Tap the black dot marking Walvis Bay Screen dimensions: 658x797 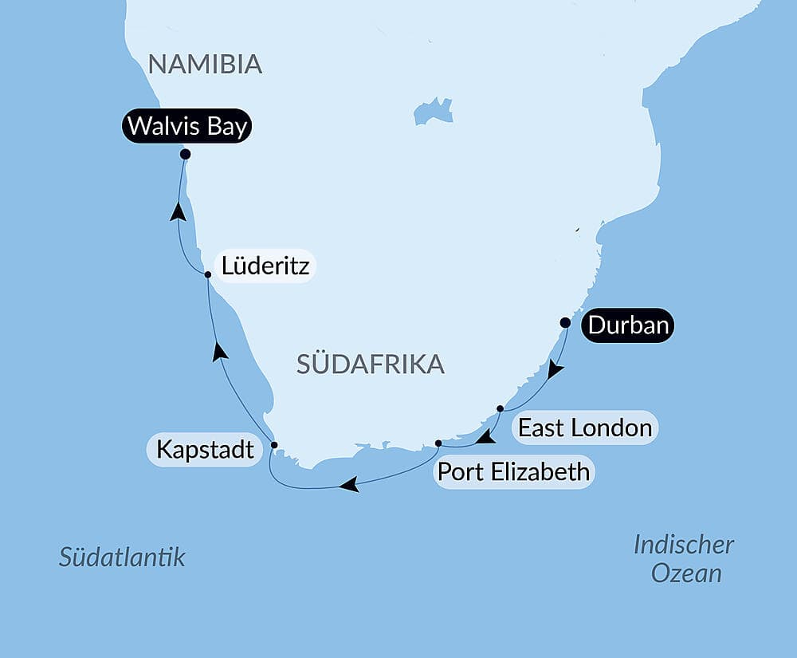point(185,154)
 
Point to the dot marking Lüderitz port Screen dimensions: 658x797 point(208,274)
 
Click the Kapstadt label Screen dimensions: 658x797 point(205,450)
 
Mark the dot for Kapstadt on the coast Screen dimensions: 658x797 point(274,445)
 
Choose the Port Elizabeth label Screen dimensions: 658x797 point(514,472)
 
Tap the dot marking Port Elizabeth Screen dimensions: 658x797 point(438,443)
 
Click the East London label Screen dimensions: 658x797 point(584,428)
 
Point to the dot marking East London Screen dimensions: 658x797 point(500,408)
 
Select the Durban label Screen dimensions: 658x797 point(627,325)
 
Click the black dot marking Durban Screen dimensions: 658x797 point(565,323)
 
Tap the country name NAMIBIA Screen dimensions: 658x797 point(205,65)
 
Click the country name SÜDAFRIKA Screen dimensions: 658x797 point(370,364)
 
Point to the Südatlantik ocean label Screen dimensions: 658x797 point(122,557)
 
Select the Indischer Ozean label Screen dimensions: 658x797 point(684,559)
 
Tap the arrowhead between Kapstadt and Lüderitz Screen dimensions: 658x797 point(221,351)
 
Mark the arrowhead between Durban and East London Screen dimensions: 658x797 point(555,369)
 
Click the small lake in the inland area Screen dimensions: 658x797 point(433,111)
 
